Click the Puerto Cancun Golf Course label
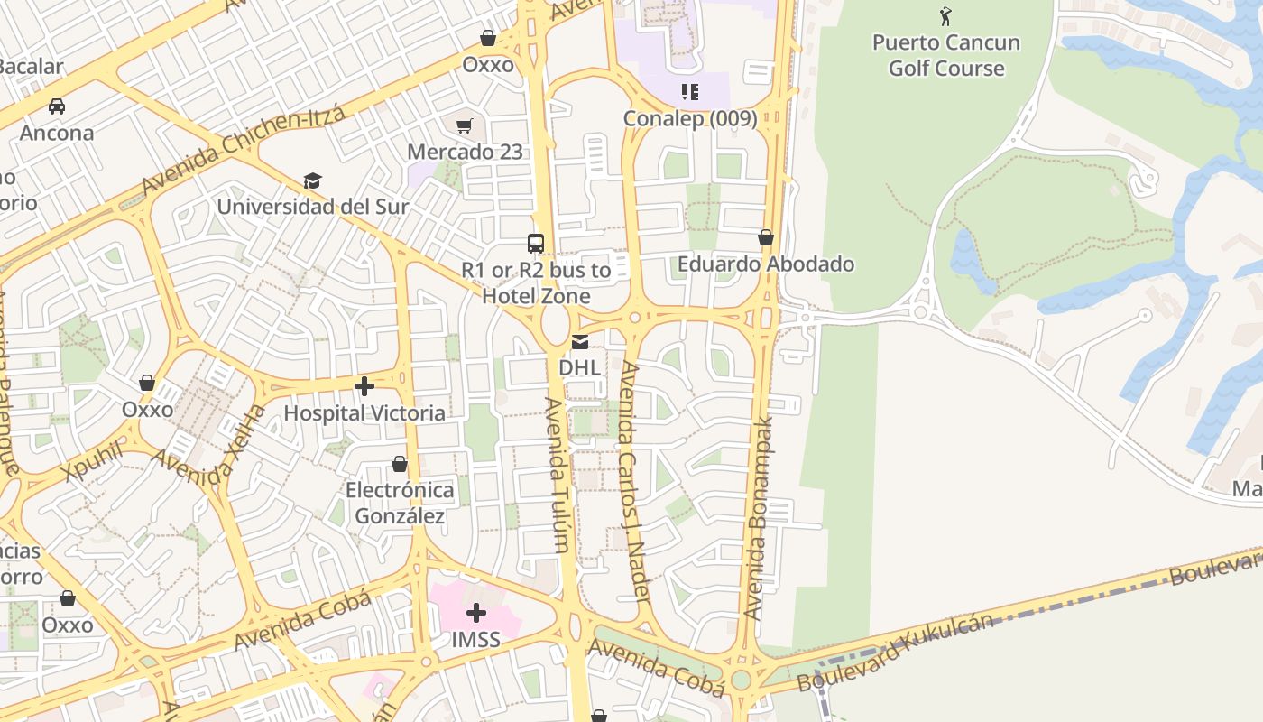(945, 55)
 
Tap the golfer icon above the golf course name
(945, 16)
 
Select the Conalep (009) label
(690, 118)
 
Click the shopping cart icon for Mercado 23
(465, 126)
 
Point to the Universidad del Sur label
(313, 207)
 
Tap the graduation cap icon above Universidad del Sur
(312, 181)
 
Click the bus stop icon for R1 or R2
(536, 243)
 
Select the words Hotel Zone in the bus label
(536, 296)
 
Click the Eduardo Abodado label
(766, 264)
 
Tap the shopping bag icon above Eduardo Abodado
(766, 237)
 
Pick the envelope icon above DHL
(580, 342)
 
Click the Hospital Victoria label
(364, 413)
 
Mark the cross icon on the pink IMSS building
(476, 614)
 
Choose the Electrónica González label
(400, 504)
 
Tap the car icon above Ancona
(57, 106)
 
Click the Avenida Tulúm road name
(557, 474)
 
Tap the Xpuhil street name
(92, 462)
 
